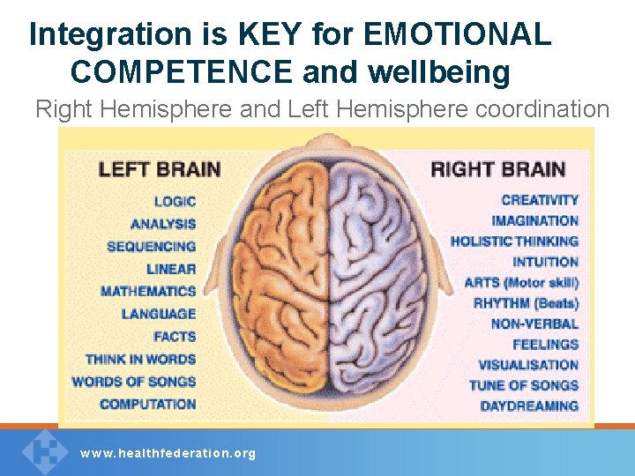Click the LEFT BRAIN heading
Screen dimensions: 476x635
point(160,167)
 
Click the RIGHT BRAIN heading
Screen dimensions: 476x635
point(498,167)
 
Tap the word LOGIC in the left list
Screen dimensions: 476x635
point(175,201)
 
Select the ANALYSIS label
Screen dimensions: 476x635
point(163,224)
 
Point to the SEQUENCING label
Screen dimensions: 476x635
point(151,246)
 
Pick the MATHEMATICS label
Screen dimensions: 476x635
point(148,291)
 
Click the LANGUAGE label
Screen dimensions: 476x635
point(159,314)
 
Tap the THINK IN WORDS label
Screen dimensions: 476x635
point(140,359)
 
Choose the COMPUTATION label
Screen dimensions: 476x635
point(147,404)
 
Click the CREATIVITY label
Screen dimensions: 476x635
point(540,200)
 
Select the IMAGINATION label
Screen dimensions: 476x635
point(535,220)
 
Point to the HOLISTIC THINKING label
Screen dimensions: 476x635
point(514,241)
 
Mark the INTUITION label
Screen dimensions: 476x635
point(546,262)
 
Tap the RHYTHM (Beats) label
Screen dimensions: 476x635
point(526,302)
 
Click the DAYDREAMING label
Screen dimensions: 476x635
point(529,405)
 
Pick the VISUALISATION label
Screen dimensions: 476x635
point(528,364)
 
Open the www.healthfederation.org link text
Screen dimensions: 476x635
point(168,453)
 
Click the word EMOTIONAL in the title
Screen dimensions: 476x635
point(458,35)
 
